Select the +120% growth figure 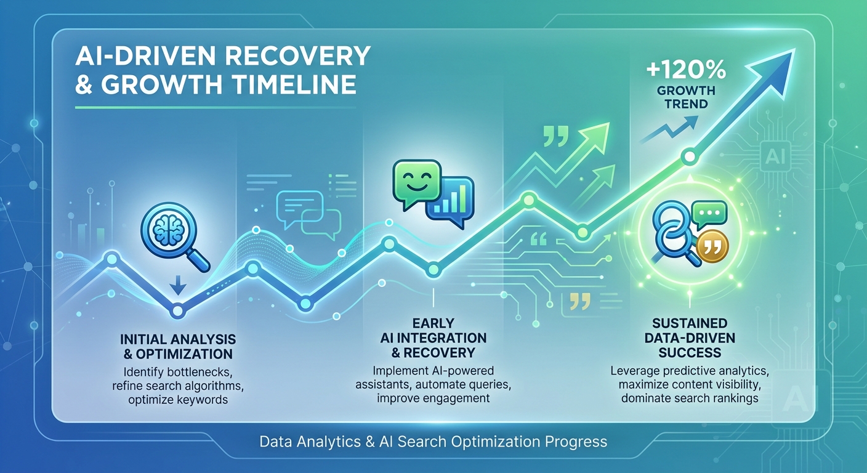point(686,70)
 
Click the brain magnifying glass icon point(175,238)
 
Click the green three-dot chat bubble point(709,215)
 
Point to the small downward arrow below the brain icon point(178,285)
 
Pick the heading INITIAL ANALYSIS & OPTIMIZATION point(178,346)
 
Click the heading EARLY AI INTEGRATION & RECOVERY point(433,338)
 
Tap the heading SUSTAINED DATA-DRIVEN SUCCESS point(690,338)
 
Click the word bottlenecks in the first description point(200,373)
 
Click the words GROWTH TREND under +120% point(686,97)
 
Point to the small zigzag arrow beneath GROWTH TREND point(669,130)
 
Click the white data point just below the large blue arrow point(690,157)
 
